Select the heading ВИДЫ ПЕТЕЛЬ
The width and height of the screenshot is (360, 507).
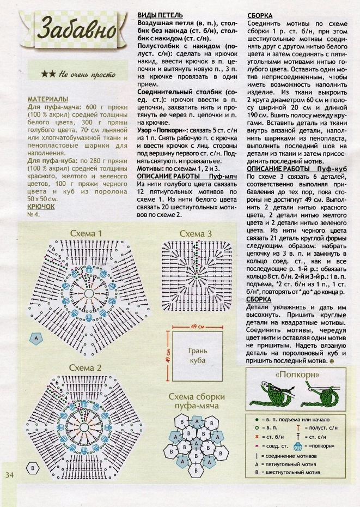(160, 15)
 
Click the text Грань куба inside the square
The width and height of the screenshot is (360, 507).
(197, 355)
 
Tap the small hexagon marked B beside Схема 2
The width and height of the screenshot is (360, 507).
(33, 468)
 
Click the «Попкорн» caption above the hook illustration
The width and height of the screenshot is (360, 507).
(297, 376)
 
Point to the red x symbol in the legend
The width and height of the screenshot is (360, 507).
(257, 437)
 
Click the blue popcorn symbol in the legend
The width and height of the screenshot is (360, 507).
(297, 446)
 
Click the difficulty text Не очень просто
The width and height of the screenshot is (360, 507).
(84, 74)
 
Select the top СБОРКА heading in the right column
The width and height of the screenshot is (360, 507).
(260, 16)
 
